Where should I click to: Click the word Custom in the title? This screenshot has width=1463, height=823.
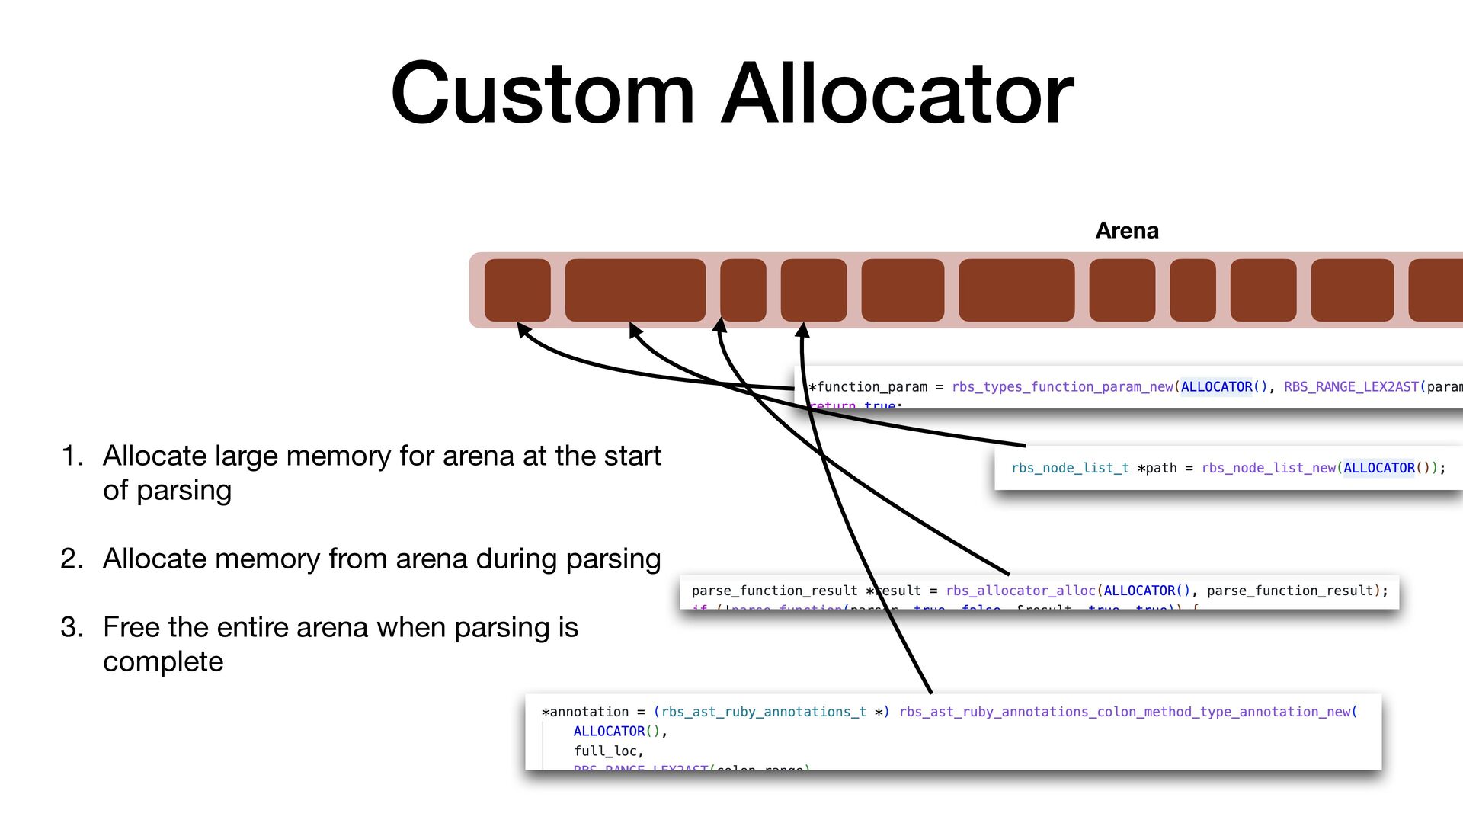[x=543, y=94]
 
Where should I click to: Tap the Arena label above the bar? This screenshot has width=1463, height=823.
[x=1126, y=230]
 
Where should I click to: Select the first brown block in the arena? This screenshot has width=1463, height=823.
[x=517, y=290]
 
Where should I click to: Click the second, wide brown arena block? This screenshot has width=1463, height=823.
[x=635, y=290]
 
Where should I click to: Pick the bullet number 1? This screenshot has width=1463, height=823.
[x=72, y=456]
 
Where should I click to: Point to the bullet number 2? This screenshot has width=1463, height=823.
[x=72, y=559]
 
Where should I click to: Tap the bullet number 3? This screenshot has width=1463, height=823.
[x=72, y=627]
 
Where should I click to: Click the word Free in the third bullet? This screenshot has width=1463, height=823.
[x=131, y=627]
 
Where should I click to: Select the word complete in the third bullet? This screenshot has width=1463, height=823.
[x=163, y=661]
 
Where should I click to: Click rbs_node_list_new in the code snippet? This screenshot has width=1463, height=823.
[x=1269, y=468]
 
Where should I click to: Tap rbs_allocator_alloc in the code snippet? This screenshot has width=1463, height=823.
[x=1021, y=591]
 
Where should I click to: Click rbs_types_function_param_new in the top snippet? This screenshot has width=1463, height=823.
[x=1062, y=387]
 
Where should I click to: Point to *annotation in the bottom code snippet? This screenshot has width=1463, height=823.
[x=584, y=712]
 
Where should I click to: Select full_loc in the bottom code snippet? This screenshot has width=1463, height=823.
[x=607, y=751]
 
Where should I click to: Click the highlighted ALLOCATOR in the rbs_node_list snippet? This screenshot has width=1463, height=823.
[x=1378, y=468]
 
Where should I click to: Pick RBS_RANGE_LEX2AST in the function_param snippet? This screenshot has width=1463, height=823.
[x=1351, y=387]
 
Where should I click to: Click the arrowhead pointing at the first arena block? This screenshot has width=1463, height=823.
[x=523, y=328]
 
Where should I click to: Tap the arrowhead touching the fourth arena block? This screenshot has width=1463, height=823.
[x=802, y=329]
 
